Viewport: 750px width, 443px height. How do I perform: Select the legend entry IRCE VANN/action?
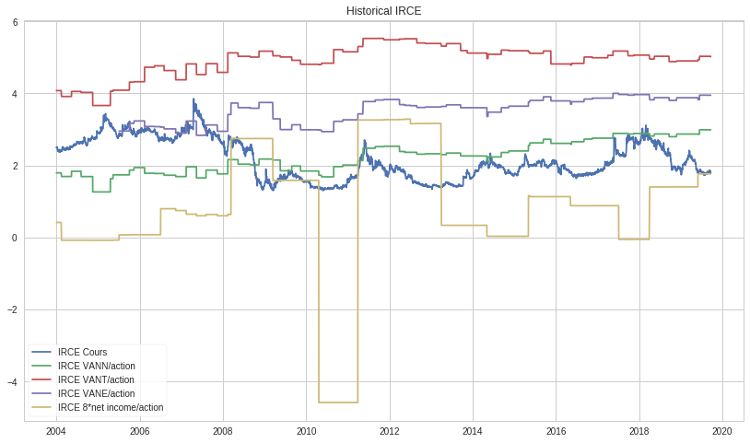click(x=96, y=366)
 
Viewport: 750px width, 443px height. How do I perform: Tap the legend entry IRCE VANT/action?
click(x=96, y=379)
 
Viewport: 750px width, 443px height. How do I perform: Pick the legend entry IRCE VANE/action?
click(x=96, y=393)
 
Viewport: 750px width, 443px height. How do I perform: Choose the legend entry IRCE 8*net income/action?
click(x=110, y=407)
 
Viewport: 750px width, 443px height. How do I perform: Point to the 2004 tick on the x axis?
click(x=56, y=430)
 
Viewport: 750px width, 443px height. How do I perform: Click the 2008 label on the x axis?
click(x=223, y=430)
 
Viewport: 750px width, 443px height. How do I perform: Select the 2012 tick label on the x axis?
click(x=389, y=430)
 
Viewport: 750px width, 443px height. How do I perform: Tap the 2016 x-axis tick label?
click(x=556, y=430)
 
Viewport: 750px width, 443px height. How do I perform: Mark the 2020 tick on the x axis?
click(x=722, y=430)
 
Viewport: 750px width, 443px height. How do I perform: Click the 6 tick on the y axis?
click(x=15, y=22)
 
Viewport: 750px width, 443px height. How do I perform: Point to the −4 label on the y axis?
click(x=12, y=382)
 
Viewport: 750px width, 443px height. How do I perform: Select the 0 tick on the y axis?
click(x=15, y=238)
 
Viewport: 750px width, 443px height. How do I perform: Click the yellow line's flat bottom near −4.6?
click(x=337, y=402)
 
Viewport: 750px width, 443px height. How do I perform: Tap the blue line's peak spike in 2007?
click(x=193, y=99)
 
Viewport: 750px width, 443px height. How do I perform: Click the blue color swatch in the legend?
click(x=41, y=353)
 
